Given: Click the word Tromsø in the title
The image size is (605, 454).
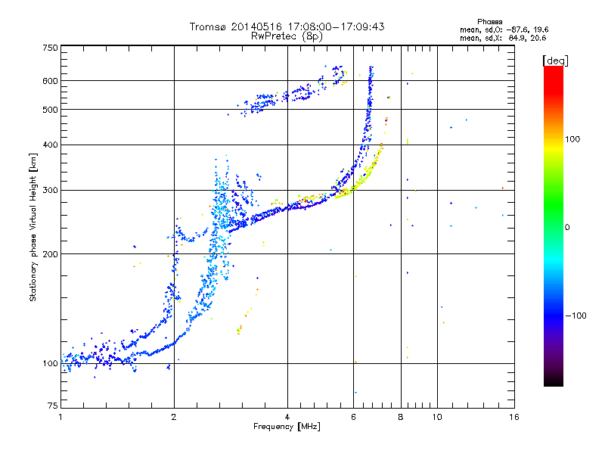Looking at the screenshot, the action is pyautogui.click(x=209, y=26).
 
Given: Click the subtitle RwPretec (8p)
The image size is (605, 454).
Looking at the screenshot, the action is pyautogui.click(x=287, y=36).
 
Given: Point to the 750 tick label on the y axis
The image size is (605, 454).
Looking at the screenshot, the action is pyautogui.click(x=50, y=48).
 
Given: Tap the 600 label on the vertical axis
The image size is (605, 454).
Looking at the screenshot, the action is pyautogui.click(x=50, y=81).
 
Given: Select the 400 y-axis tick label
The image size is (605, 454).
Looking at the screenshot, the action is pyautogui.click(x=50, y=145).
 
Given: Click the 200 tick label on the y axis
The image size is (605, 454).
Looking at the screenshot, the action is pyautogui.click(x=50, y=254).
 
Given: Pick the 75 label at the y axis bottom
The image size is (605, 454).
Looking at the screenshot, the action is pyautogui.click(x=53, y=406).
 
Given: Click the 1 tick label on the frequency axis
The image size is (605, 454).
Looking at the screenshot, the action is pyautogui.click(x=60, y=417).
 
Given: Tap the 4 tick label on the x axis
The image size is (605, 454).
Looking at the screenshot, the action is pyautogui.click(x=287, y=417).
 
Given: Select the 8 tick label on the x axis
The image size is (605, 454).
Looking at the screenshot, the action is pyautogui.click(x=401, y=417).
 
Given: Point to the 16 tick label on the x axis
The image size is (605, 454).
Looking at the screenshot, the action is pyautogui.click(x=514, y=417).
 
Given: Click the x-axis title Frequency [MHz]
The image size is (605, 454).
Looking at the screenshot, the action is pyautogui.click(x=287, y=427).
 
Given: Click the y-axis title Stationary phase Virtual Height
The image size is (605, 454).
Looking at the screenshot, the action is pyautogui.click(x=33, y=227).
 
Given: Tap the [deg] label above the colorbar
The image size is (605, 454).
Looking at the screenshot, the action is pyautogui.click(x=555, y=61).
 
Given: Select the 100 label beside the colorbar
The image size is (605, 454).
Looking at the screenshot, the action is pyautogui.click(x=572, y=139).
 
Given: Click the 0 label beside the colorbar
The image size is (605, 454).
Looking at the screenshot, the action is pyautogui.click(x=567, y=228).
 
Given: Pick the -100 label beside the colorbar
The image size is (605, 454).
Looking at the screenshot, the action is pyautogui.click(x=576, y=316).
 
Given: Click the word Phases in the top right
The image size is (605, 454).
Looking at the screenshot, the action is pyautogui.click(x=489, y=22).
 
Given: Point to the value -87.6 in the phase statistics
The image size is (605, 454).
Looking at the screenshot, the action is pyautogui.click(x=517, y=30).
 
